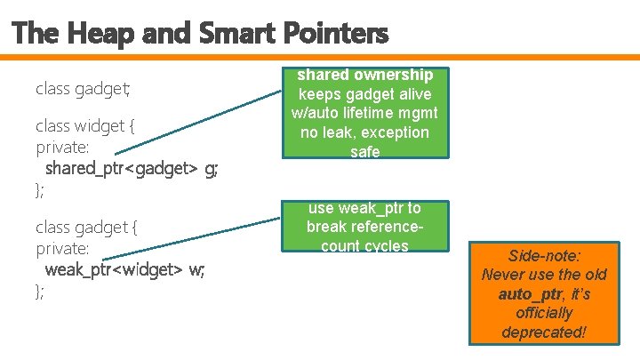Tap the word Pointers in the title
(337, 34)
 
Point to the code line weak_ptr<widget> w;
(124, 269)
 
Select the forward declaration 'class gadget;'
(83, 89)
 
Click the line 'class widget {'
(85, 126)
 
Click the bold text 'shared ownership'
(365, 75)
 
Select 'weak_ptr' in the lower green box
(366, 208)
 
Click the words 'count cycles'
(364, 246)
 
